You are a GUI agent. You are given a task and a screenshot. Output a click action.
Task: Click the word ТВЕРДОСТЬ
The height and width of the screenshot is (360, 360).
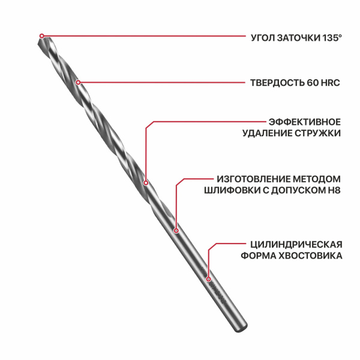coord(277,83)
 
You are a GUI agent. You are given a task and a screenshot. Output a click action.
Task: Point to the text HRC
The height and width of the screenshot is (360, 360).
coord(330,83)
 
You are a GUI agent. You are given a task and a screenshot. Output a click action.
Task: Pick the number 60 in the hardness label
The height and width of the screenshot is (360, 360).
coord(313,83)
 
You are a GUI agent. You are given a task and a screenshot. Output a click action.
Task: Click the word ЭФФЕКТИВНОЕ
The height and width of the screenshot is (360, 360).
coord(305,122)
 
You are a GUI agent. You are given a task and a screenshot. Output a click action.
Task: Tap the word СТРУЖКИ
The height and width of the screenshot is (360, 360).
coord(318,133)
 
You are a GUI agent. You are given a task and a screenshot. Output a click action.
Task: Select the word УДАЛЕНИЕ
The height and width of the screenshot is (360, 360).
coord(268,133)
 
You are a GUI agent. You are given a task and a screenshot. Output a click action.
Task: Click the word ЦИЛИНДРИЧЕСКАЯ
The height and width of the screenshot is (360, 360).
coord(296,244)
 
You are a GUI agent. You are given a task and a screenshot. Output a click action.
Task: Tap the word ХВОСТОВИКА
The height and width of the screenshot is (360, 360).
coord(310,256)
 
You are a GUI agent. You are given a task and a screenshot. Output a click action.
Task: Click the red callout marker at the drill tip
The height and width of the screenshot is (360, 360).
coord(41,36)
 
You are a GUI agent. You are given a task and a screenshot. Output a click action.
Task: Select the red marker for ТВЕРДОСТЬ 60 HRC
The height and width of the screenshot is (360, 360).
coord(78,82)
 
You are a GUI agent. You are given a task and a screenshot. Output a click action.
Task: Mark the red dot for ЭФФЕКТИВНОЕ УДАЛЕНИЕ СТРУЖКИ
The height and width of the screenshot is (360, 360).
coord(146,183)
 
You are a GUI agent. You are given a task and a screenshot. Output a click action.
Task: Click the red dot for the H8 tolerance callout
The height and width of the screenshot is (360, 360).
coord(176,230)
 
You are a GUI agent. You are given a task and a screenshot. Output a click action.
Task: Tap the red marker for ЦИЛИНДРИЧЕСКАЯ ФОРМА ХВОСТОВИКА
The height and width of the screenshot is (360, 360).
coord(208,279)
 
